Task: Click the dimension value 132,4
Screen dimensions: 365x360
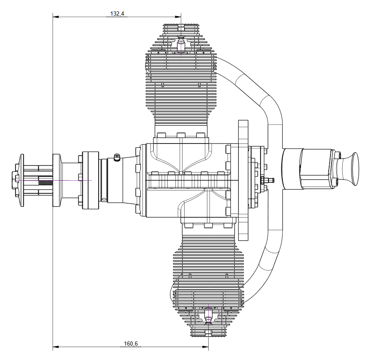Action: click(117, 14)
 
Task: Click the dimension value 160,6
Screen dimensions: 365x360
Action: click(131, 344)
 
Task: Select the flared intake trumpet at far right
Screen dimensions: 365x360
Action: click(347, 169)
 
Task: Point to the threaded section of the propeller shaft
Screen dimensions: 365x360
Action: click(46, 180)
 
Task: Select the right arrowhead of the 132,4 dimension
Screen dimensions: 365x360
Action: click(178, 17)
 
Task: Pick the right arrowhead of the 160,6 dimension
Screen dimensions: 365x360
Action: click(205, 347)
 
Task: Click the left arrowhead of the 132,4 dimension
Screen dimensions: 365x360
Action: click(56, 17)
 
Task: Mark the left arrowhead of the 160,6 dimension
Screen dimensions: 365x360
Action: click(56, 347)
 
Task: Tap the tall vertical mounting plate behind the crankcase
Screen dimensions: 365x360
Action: click(243, 180)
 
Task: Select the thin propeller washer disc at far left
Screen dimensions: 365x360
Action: click(21, 180)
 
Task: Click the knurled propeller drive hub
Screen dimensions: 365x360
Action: click(56, 180)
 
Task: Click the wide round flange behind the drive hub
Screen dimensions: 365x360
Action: click(91, 180)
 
